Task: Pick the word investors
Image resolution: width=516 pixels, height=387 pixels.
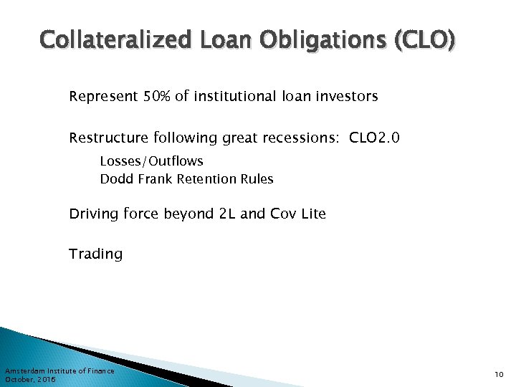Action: [347, 96]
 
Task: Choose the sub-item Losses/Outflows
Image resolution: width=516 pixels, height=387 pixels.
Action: [151, 161]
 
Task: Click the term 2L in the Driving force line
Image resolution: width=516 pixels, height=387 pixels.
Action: [226, 214]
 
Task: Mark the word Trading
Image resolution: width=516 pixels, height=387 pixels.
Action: [95, 254]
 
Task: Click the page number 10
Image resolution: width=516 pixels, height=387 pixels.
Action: [498, 375]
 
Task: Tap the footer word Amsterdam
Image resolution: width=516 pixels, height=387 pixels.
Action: [24, 371]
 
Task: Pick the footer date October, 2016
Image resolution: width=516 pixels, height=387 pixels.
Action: [29, 379]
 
